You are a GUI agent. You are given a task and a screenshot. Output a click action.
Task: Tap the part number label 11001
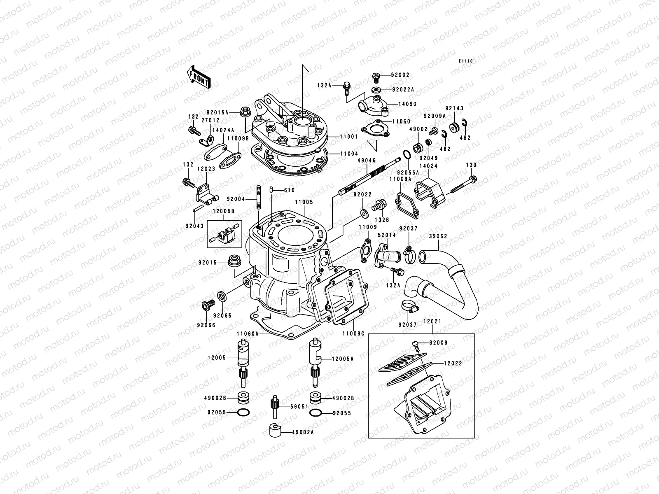click(349, 136)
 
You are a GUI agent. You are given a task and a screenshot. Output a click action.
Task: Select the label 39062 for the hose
click(438, 236)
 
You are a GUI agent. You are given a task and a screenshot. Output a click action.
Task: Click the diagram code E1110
click(466, 61)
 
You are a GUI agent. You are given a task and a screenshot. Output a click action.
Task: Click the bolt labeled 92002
click(376, 76)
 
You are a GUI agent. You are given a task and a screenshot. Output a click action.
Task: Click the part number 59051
click(299, 406)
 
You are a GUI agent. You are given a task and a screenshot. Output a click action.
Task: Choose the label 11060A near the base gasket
click(248, 334)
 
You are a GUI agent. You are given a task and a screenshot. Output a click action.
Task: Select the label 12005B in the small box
click(224, 211)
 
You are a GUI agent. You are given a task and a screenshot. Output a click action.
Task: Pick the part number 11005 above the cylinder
click(304, 203)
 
